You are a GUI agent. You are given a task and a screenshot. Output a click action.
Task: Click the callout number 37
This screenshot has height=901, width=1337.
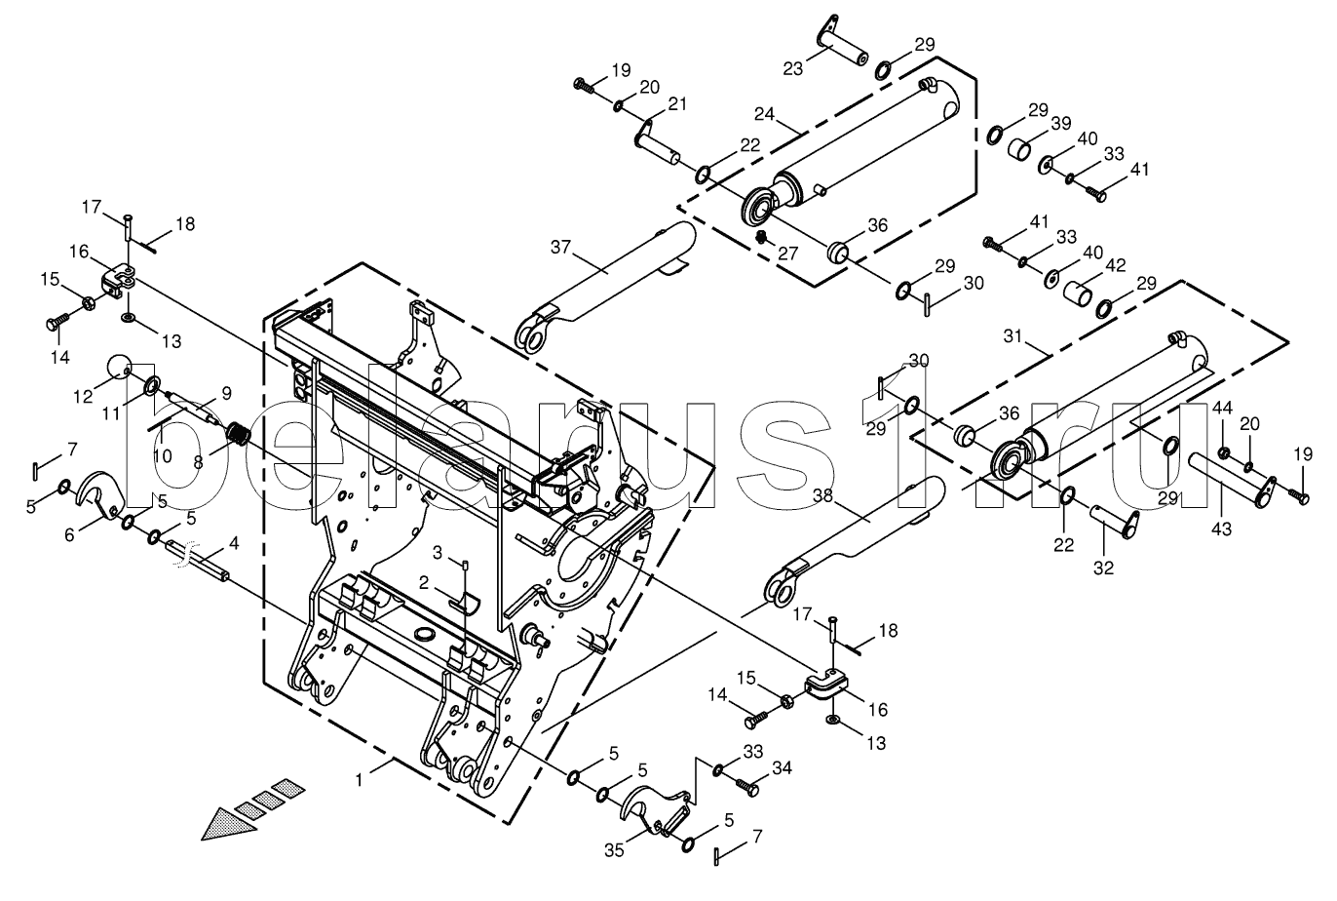click(560, 247)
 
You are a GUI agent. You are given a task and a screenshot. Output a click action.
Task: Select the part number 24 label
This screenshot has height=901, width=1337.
click(764, 113)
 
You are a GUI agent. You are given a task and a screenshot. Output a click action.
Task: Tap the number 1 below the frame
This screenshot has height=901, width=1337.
click(359, 780)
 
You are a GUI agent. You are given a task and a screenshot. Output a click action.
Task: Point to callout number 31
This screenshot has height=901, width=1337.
click(1012, 336)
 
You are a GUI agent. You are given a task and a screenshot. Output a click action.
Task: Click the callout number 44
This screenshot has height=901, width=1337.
click(1222, 409)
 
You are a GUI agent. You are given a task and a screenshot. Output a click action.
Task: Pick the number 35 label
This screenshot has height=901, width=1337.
click(614, 850)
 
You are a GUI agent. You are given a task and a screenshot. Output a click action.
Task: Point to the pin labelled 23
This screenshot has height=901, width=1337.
click(842, 42)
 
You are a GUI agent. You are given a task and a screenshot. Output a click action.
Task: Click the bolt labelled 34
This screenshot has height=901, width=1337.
click(746, 786)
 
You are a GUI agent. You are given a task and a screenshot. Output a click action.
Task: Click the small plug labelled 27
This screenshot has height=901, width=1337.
click(761, 238)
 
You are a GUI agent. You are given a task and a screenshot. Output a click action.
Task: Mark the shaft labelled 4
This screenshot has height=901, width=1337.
click(198, 559)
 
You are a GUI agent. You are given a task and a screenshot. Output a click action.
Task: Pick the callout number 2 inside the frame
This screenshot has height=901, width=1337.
click(424, 583)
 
